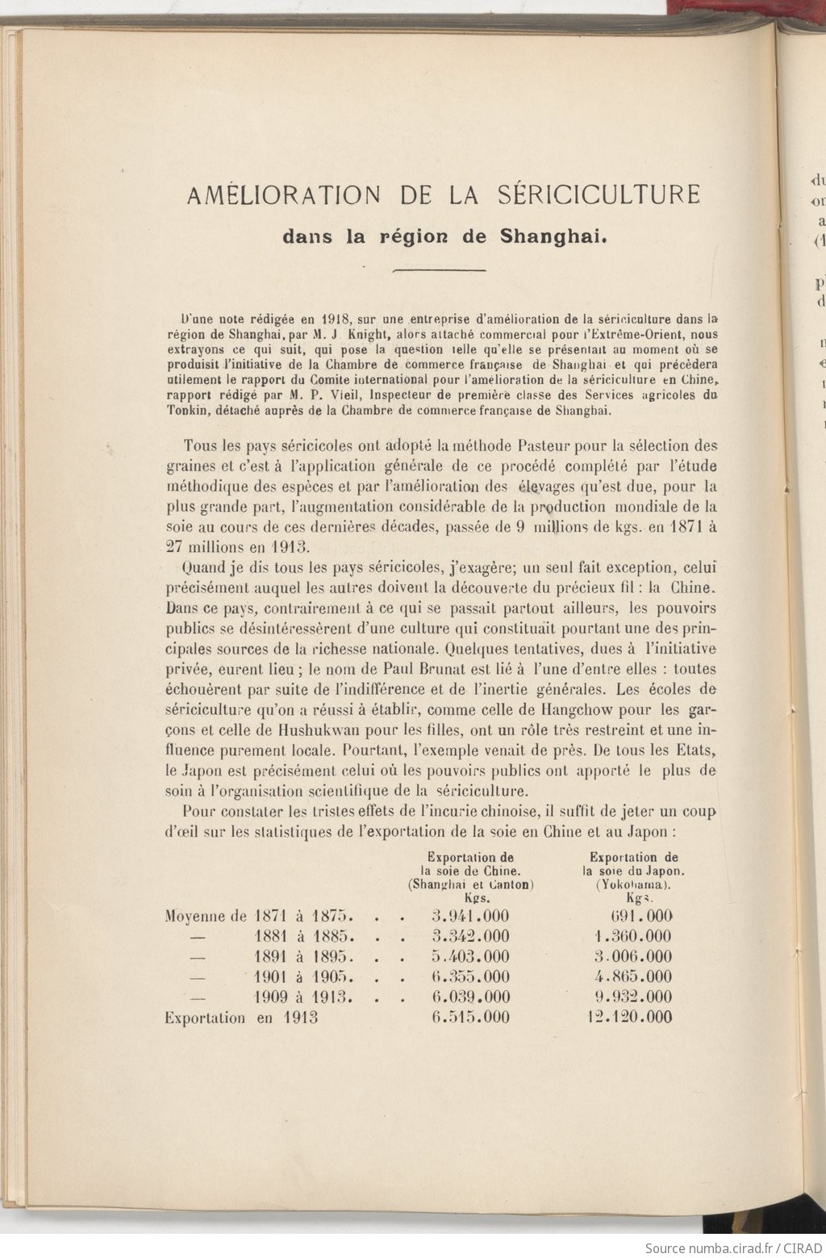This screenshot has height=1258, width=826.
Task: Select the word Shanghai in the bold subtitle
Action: (553, 237)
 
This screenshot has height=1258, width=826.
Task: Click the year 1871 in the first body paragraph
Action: (688, 528)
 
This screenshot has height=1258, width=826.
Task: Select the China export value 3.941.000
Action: (470, 916)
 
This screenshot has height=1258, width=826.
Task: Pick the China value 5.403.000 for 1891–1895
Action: (470, 957)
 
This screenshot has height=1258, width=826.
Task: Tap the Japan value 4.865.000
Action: (632, 977)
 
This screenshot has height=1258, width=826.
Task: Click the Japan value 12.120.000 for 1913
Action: (629, 1018)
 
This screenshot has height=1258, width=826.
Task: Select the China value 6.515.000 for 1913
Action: (470, 1018)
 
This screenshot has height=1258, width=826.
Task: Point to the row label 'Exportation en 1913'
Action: (241, 1018)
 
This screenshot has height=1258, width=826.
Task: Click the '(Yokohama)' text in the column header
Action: (633, 884)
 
